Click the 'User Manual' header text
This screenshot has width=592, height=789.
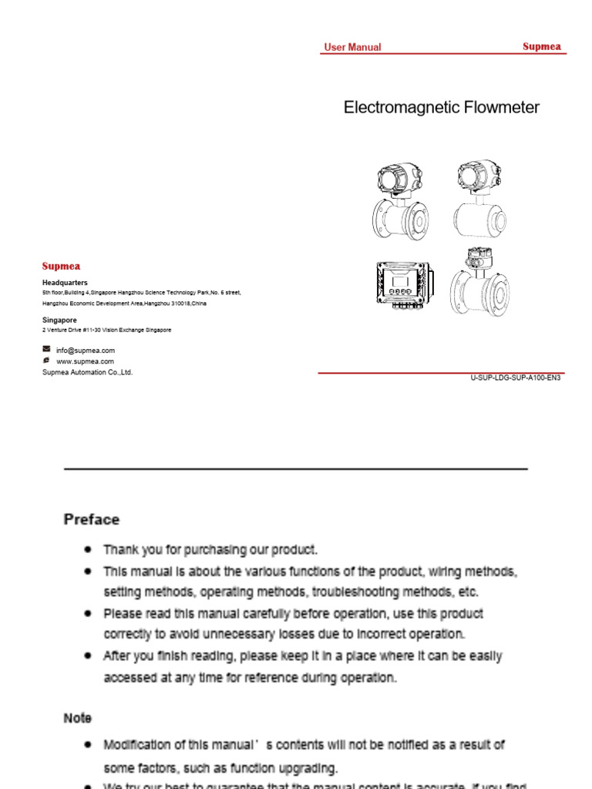[352, 47]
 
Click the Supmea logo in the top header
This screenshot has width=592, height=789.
[542, 46]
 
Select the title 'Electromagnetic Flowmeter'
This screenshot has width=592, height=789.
[441, 108]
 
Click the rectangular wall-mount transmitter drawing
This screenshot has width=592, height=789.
[400, 287]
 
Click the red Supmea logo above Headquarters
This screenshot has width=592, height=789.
[61, 267]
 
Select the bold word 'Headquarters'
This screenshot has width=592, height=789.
[65, 283]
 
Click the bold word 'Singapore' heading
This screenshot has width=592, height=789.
[59, 320]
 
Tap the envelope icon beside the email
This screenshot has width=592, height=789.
[46, 349]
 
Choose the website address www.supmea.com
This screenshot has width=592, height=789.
[85, 361]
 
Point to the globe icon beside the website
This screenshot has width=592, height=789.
[46, 360]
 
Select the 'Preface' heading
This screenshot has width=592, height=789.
[92, 519]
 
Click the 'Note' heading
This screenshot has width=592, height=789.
[77, 717]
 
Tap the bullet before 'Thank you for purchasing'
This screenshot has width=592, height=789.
[89, 549]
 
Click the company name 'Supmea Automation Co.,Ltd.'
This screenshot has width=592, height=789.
[87, 372]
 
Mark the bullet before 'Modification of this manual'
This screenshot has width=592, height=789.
[89, 745]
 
